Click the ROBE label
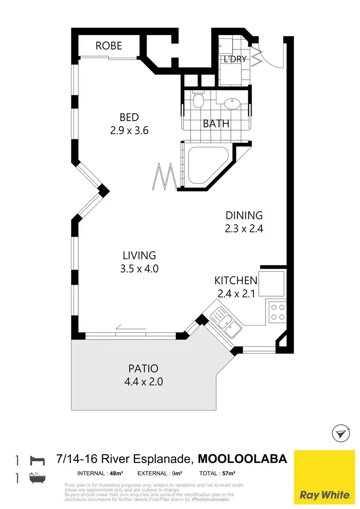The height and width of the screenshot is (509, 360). click(108, 46)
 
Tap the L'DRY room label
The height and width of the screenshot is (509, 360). click(235, 59)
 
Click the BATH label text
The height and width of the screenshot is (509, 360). click(216, 124)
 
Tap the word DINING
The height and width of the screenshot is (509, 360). click(244, 216)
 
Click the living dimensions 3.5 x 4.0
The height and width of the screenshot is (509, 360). click(139, 268)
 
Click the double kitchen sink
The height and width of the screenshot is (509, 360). click(226, 324)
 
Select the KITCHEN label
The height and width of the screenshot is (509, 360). click(236, 281)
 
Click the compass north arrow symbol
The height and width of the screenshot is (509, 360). click(340, 434)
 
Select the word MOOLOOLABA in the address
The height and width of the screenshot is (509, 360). click(242, 459)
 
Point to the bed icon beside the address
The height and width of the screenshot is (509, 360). click(37, 460)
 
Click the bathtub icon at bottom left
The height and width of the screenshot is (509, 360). click(37, 478)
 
